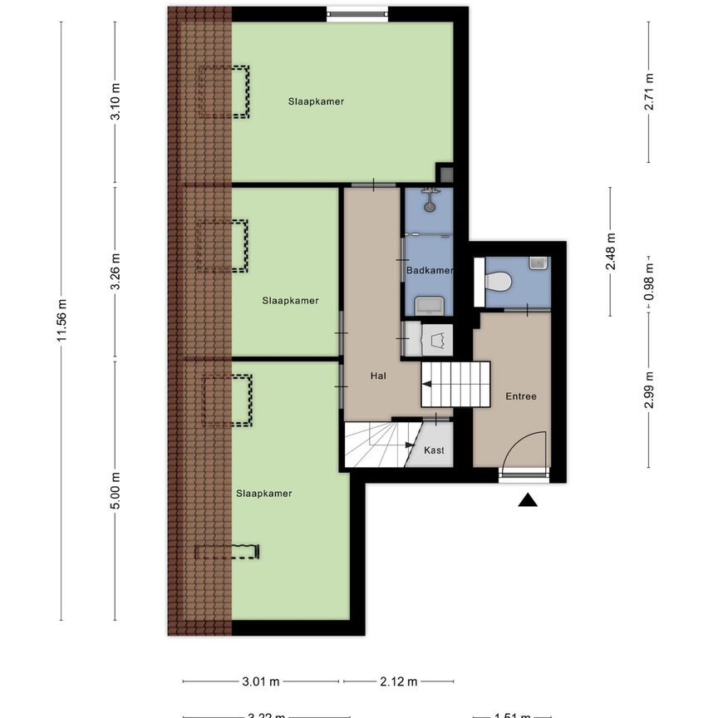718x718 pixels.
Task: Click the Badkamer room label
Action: (x=430, y=271)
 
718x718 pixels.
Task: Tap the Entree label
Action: (x=521, y=396)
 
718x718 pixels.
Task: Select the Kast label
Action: (x=434, y=450)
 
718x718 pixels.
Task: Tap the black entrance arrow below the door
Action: (x=528, y=499)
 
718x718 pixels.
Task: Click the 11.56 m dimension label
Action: (x=61, y=320)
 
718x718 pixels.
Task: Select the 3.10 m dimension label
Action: (x=116, y=103)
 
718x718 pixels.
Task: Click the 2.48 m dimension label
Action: (x=611, y=252)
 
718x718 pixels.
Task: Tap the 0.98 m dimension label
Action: (x=649, y=281)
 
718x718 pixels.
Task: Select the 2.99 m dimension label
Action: (x=649, y=390)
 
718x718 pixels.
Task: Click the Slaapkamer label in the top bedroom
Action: (x=317, y=101)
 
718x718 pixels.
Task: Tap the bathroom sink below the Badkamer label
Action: (x=429, y=305)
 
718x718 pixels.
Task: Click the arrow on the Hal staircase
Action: (x=427, y=384)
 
